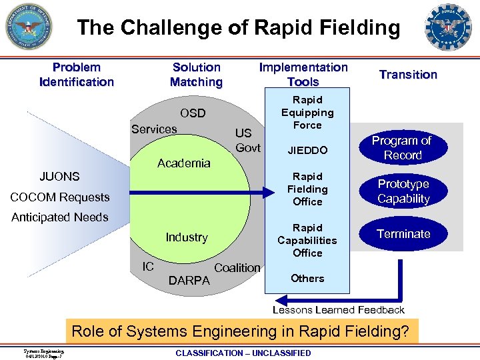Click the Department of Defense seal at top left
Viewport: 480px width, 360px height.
28,27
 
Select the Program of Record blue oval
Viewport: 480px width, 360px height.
401,148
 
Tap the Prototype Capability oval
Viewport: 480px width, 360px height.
403,191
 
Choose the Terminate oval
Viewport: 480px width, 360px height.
403,234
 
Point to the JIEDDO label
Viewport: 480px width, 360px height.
307,151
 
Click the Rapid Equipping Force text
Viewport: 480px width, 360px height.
307,113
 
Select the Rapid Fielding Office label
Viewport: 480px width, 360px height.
307,189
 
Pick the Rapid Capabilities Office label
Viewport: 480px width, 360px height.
307,240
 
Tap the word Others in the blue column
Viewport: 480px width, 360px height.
307,278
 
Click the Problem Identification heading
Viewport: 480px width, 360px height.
77,75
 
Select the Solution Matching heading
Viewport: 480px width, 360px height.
196,75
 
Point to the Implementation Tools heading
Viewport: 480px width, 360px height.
303,75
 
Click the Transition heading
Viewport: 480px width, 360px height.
408,75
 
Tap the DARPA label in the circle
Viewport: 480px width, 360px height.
189,281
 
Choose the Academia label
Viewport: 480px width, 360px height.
183,163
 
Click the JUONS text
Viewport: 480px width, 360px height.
59,177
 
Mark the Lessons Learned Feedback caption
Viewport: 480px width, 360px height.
339,309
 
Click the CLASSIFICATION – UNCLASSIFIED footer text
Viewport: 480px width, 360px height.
243,353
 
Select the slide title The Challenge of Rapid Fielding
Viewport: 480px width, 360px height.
239,27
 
